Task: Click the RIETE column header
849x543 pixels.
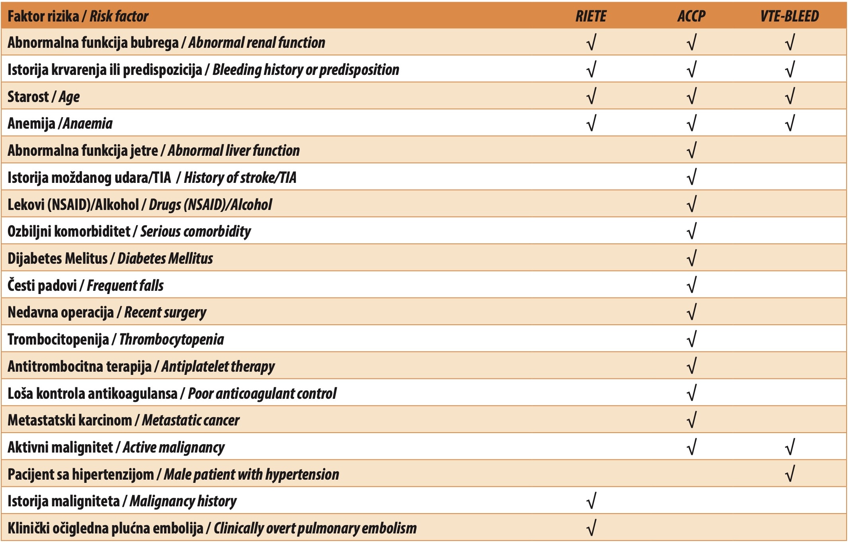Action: coord(591,16)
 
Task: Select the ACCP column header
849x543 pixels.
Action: coord(691,16)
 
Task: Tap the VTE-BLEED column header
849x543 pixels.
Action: coord(790,16)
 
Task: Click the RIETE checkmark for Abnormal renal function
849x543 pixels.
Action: coord(591,42)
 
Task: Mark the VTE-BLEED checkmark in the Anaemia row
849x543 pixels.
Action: coord(790,123)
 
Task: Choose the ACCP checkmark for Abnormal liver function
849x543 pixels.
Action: coord(692,150)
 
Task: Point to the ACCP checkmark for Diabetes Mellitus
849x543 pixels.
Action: coord(692,258)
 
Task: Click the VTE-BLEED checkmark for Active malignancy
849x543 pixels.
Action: coord(790,447)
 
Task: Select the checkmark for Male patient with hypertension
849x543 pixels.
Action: coord(790,474)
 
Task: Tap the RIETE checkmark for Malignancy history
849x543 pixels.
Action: coord(591,501)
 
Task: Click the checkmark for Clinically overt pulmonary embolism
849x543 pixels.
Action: coord(591,528)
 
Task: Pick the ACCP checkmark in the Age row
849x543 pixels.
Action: coord(692,96)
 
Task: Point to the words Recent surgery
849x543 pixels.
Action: coord(165,313)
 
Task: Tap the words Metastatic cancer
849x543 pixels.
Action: coord(191,420)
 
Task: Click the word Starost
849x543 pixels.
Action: coord(28,97)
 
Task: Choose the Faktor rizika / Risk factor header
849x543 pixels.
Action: coord(78,16)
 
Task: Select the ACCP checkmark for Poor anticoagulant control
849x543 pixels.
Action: coord(692,393)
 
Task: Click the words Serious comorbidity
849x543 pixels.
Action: coord(196,231)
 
